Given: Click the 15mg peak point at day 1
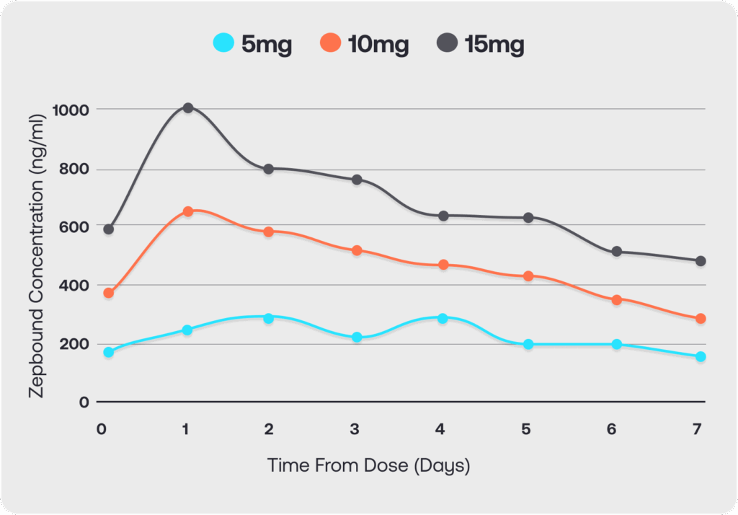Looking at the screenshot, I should tap(188, 108).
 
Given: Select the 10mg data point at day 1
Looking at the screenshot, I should tap(188, 211).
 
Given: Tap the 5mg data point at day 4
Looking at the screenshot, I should tap(443, 318).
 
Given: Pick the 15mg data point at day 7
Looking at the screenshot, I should tap(701, 261).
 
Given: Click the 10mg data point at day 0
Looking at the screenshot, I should tap(109, 293).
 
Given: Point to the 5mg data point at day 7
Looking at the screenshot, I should tap(701, 356).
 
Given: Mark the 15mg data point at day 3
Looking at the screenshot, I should tap(357, 180).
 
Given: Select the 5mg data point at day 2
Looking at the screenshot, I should tap(269, 318).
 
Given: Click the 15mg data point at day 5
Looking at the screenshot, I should tap(528, 217).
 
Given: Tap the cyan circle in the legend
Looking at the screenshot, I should tap(224, 44).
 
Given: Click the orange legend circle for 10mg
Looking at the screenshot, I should tap(330, 44).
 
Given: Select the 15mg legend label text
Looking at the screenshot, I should tap(494, 45).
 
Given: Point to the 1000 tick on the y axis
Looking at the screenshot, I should tap(70, 110).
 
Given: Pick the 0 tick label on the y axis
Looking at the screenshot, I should tap(84, 402).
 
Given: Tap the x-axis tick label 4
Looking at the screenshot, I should tap(440, 429).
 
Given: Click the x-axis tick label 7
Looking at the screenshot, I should tap(697, 429).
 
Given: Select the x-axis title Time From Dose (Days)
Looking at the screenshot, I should tap(368, 465).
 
